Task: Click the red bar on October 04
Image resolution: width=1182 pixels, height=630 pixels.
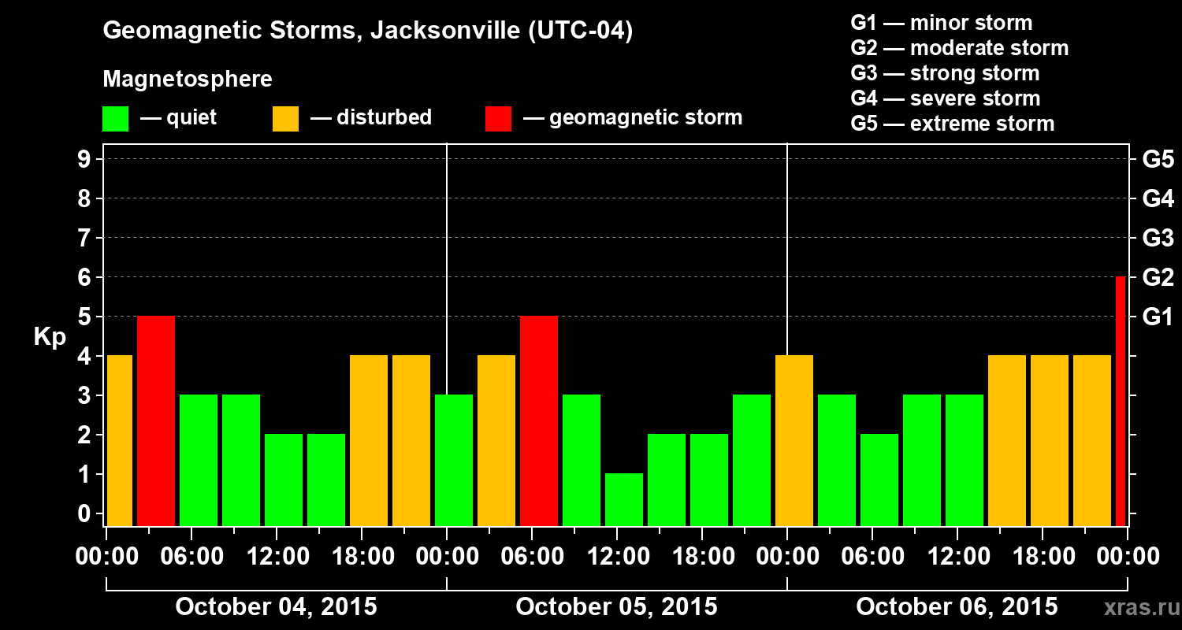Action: pyautogui.click(x=156, y=421)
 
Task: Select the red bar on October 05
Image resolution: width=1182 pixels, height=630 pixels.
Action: pyautogui.click(x=539, y=421)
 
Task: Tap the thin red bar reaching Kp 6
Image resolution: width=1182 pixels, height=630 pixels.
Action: pyautogui.click(x=1121, y=401)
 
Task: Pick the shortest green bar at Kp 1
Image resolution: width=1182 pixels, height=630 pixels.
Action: pyautogui.click(x=624, y=499)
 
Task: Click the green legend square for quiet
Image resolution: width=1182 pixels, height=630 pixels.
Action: pyautogui.click(x=115, y=119)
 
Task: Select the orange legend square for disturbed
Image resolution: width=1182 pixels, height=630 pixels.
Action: pyautogui.click(x=285, y=119)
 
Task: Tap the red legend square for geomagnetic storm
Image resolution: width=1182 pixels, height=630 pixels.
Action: pyautogui.click(x=498, y=119)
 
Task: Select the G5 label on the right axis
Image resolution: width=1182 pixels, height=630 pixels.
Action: pyautogui.click(x=1158, y=159)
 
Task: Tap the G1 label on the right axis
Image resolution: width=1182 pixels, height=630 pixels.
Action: pyautogui.click(x=1158, y=317)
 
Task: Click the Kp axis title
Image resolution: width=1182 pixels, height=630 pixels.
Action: pyautogui.click(x=50, y=337)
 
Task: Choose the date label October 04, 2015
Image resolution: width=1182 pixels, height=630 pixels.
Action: pyautogui.click(x=276, y=607)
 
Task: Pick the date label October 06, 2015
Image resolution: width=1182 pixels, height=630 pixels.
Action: pyautogui.click(x=957, y=607)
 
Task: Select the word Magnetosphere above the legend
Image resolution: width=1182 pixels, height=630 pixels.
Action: pyautogui.click(x=188, y=80)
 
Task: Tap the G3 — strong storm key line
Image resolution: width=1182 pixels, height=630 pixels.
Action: pyautogui.click(x=945, y=73)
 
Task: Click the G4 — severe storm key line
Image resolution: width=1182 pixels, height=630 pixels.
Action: pyautogui.click(x=945, y=98)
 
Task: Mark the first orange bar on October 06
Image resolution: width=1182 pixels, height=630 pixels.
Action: pyautogui.click(x=794, y=440)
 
